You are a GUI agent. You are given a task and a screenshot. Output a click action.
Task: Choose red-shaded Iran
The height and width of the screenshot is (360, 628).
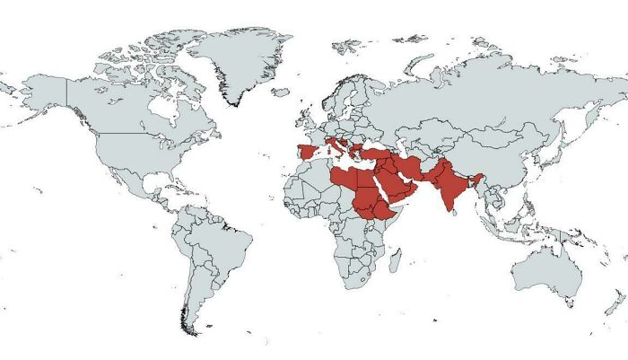point(411,167)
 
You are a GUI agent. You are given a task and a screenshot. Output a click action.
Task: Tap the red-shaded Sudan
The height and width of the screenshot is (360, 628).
point(368,202)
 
